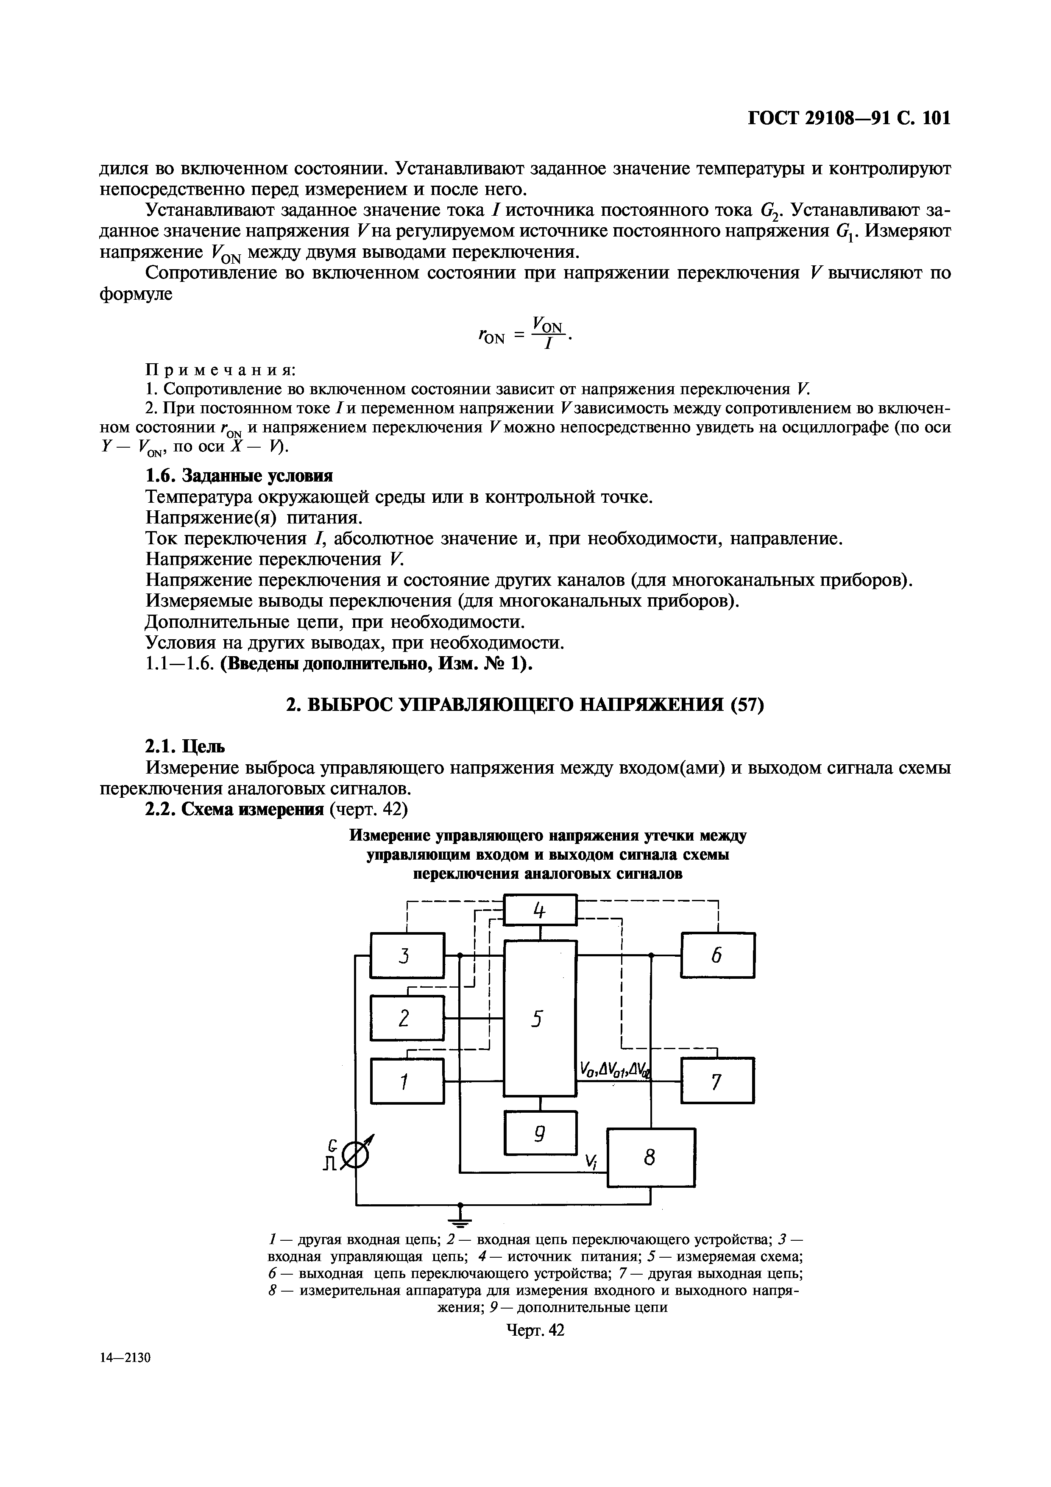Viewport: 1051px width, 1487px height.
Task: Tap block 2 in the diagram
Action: (407, 1018)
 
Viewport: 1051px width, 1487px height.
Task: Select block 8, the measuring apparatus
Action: (651, 1158)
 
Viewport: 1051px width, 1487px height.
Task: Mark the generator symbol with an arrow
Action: (357, 1154)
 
